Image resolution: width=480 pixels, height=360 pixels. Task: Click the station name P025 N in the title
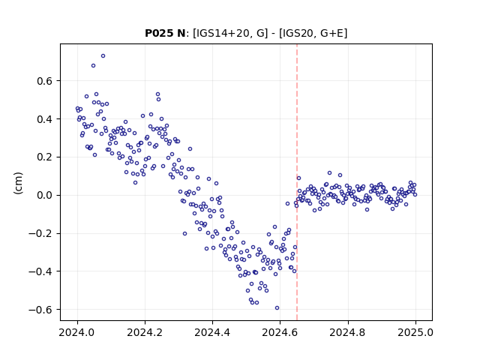pyautogui.click(x=165, y=33)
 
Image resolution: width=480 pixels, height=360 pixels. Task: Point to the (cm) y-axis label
pyautogui.click(x=18, y=183)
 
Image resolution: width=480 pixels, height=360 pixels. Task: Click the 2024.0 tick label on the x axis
pyautogui.click(x=77, y=332)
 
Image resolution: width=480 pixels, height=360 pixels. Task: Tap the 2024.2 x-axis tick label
pyautogui.click(x=145, y=332)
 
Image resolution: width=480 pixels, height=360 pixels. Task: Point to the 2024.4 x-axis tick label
pyautogui.click(x=212, y=332)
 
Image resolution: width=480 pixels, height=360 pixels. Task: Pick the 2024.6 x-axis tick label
pyautogui.click(x=280, y=332)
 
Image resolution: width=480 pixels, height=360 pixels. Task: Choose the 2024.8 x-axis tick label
pyautogui.click(x=347, y=332)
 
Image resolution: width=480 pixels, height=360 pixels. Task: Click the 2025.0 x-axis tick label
pyautogui.click(x=415, y=332)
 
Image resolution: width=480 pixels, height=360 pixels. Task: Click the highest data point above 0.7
pyautogui.click(x=103, y=55)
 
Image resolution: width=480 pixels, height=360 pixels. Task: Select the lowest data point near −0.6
pyautogui.click(x=277, y=307)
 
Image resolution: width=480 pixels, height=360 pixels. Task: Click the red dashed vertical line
pyautogui.click(x=297, y=182)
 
